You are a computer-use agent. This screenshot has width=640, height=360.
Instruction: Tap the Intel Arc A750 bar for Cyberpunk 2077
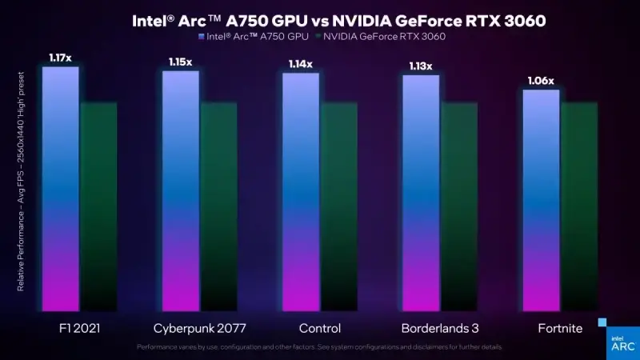point(181,191)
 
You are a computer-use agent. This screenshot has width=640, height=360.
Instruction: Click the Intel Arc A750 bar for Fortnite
point(541,200)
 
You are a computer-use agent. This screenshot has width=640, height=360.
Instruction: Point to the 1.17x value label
point(60,57)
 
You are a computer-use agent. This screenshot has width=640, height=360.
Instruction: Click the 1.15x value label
point(180,62)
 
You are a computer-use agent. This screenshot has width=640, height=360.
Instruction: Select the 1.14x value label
point(301,63)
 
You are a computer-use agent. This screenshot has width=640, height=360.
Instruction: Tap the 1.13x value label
point(421,66)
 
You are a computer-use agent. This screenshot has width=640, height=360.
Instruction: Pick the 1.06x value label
point(541,80)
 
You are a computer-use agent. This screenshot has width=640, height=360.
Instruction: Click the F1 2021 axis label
point(79,328)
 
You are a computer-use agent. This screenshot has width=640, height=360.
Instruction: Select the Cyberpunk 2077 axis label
point(199,328)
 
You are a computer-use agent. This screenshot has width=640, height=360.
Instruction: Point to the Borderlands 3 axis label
point(439,328)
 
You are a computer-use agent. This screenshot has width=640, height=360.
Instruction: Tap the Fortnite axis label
point(559,328)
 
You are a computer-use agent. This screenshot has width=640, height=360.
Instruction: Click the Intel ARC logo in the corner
point(622,342)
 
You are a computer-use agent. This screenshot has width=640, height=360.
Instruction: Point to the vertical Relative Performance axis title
point(21,181)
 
